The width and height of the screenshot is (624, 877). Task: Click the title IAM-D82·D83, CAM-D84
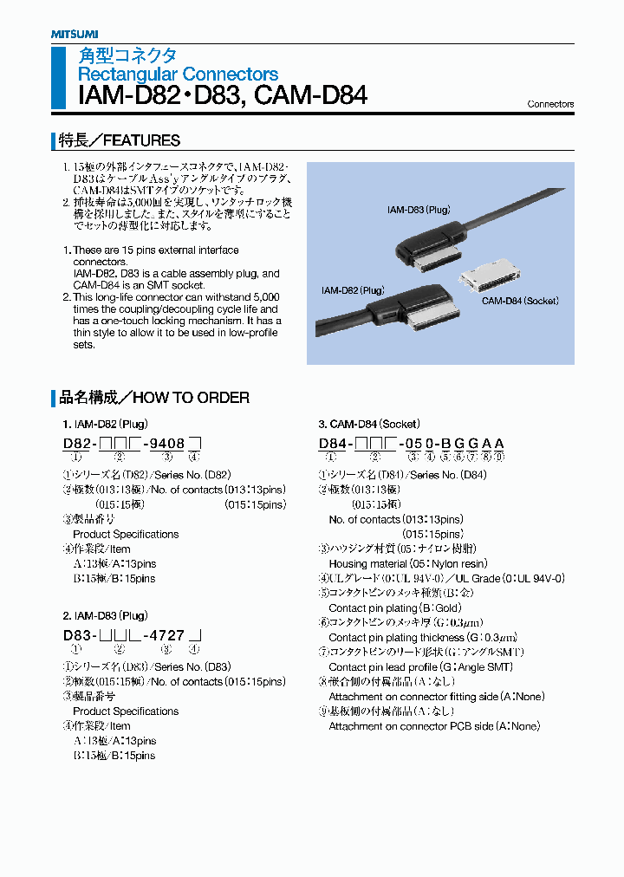223,94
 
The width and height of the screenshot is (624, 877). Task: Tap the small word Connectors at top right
550,104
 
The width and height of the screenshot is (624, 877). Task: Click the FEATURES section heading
120,140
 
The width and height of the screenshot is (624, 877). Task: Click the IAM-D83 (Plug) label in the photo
419,210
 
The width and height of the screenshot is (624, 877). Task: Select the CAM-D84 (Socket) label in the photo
520,301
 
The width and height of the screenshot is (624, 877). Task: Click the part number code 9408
163,444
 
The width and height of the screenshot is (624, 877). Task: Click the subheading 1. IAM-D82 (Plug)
105,425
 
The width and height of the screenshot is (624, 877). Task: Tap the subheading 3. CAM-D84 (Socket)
368,425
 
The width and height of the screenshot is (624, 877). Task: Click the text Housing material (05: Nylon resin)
407,564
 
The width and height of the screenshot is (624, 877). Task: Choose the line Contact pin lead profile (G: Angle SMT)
420,667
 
